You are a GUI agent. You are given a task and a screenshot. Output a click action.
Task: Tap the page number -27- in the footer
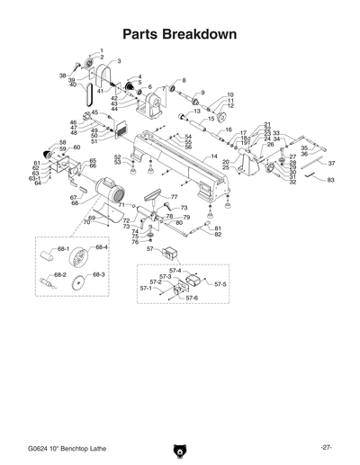pyautogui.click(x=326, y=447)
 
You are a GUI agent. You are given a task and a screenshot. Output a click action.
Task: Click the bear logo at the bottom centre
pyautogui.click(x=179, y=449)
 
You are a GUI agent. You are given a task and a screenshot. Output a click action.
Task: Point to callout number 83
pyautogui.click(x=330, y=181)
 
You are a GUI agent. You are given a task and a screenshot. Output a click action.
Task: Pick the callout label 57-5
pyautogui.click(x=220, y=284)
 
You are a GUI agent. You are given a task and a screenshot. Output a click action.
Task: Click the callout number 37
pyautogui.click(x=331, y=164)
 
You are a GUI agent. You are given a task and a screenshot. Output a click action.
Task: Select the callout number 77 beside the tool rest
pyautogui.click(x=175, y=197)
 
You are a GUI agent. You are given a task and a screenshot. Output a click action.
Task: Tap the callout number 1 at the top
pyautogui.click(x=101, y=49)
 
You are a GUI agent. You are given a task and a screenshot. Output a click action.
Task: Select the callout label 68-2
pyautogui.click(x=60, y=274)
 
